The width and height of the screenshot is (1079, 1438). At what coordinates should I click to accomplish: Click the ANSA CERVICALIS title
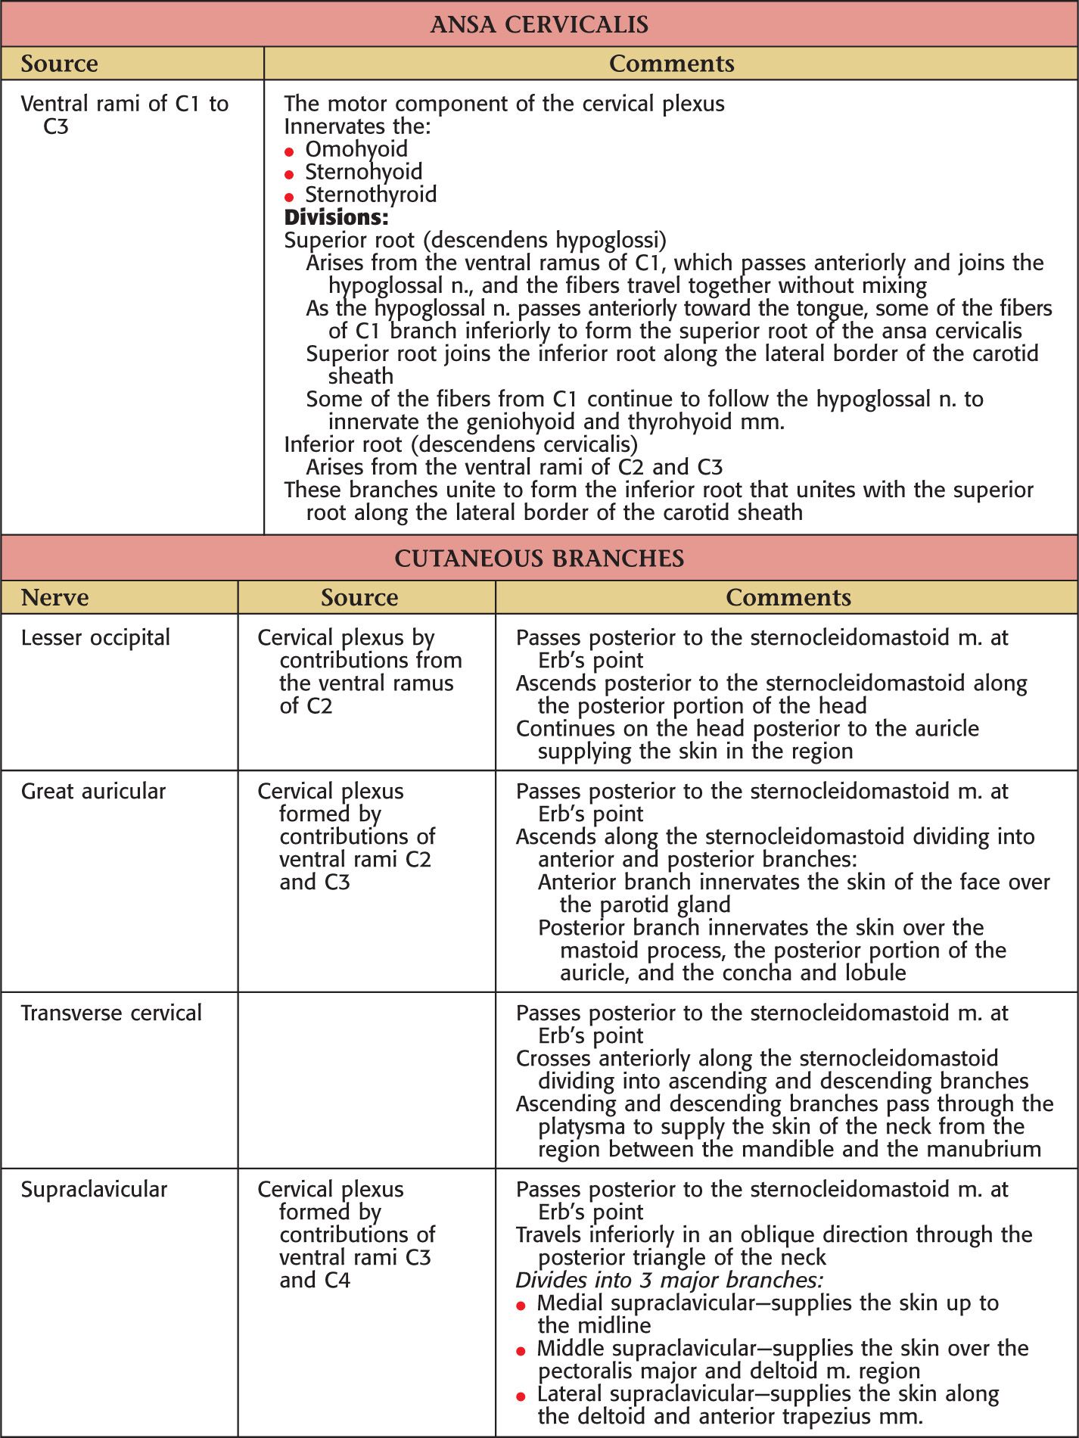(x=539, y=24)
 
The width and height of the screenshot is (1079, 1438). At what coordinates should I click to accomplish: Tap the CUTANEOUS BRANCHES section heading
(x=539, y=559)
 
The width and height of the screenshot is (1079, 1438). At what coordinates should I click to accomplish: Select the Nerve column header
(x=54, y=598)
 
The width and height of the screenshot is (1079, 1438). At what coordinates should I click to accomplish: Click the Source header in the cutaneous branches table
(x=359, y=598)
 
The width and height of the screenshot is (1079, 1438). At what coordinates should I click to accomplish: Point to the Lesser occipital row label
(x=95, y=638)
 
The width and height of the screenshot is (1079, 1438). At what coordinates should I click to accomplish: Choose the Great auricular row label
(x=93, y=792)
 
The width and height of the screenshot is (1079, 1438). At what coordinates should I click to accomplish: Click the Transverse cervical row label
(x=111, y=1013)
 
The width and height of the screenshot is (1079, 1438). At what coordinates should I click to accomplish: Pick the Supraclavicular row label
(x=94, y=1190)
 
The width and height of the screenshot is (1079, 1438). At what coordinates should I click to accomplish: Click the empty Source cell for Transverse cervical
(x=367, y=1080)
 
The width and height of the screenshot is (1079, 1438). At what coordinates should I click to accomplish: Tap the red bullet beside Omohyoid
(x=289, y=152)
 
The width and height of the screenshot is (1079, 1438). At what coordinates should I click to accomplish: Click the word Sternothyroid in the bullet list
(x=371, y=195)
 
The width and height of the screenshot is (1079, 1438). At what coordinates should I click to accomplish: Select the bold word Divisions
(x=336, y=218)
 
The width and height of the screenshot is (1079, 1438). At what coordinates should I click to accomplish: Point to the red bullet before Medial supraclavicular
(x=521, y=1306)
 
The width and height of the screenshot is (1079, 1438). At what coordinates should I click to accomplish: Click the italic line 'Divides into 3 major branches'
(x=669, y=1281)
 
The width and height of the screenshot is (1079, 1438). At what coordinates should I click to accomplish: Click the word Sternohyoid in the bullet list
(x=363, y=172)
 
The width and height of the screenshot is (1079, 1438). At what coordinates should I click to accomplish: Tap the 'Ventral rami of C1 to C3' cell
(x=124, y=114)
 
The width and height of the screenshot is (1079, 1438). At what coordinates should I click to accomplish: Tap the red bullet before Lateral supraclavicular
(x=521, y=1397)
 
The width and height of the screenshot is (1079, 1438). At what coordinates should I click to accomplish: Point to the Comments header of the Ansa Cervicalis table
(x=671, y=64)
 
